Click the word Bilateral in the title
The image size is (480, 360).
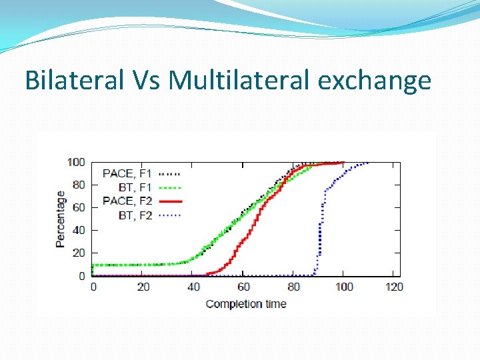click(x=74, y=81)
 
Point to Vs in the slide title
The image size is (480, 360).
click(x=146, y=81)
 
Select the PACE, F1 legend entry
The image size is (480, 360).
click(x=127, y=173)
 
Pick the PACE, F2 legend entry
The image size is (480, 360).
click(x=127, y=201)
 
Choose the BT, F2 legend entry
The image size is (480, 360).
click(x=135, y=215)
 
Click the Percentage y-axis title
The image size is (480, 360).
click(x=61, y=219)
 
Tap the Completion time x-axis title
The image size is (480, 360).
click(x=246, y=304)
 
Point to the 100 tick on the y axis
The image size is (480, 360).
click(x=77, y=162)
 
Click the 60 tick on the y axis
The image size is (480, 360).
click(x=79, y=207)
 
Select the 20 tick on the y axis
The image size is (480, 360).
click(x=79, y=253)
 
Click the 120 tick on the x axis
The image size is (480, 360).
click(x=394, y=287)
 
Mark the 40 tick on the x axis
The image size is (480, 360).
click(x=193, y=287)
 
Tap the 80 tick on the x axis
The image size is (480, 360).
click(x=293, y=287)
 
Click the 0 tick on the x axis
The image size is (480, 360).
click(x=93, y=287)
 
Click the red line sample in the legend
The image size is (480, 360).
click(x=169, y=201)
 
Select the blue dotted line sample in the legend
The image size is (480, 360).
click(x=169, y=215)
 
